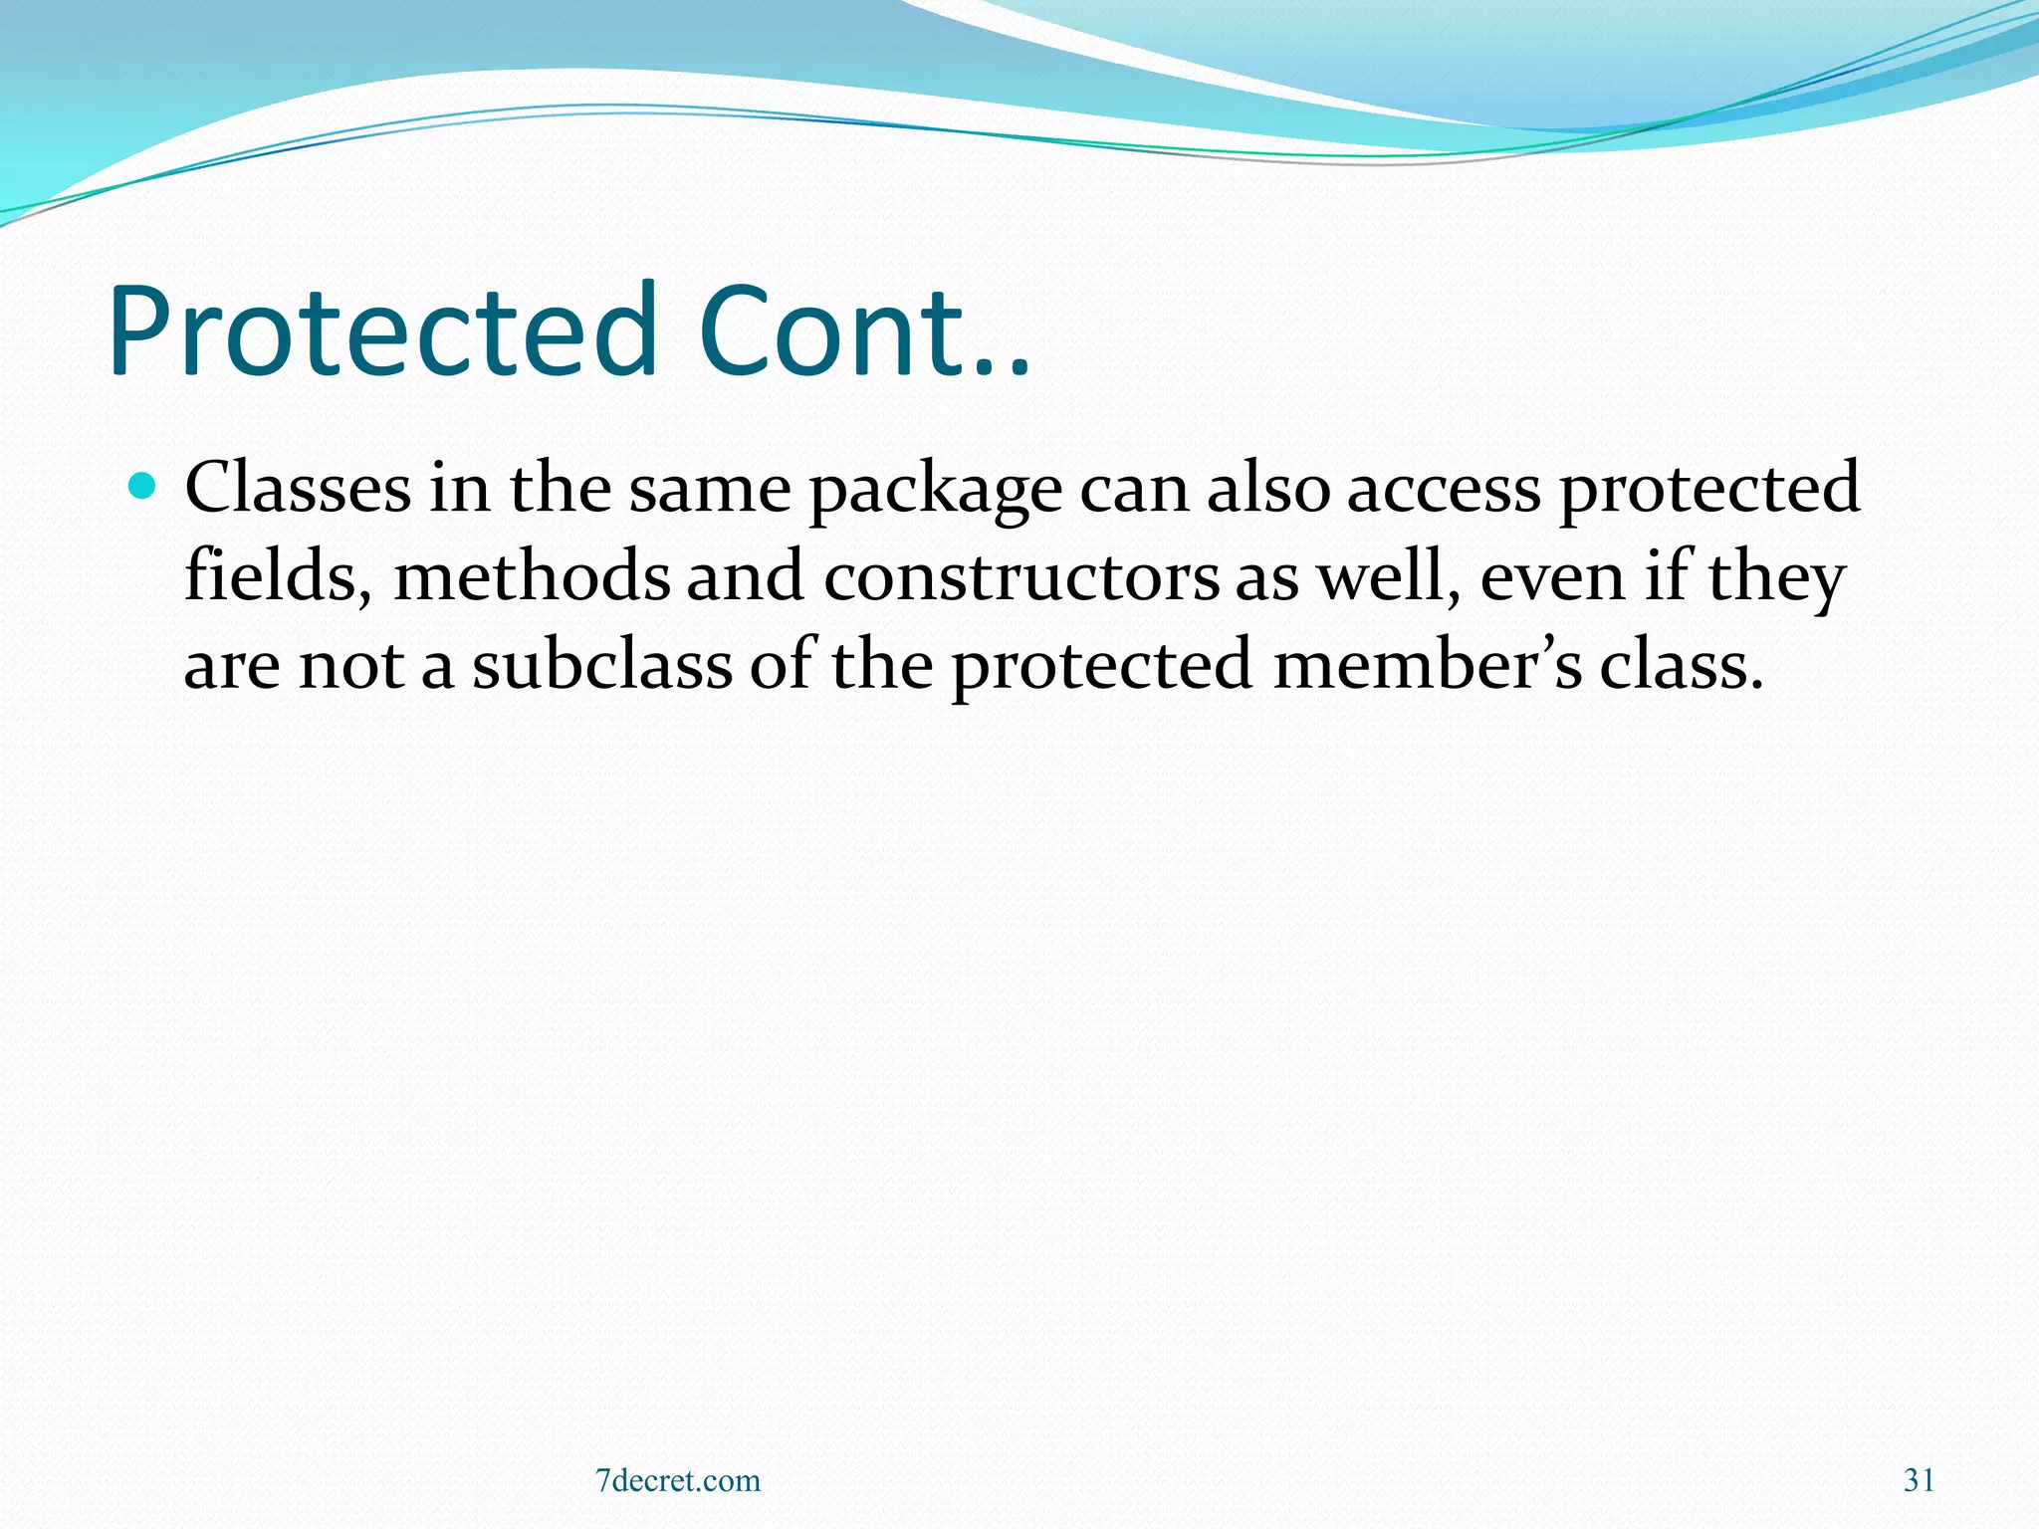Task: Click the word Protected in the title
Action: coord(383,331)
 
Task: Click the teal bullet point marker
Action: coord(143,487)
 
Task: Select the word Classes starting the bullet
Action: coord(298,488)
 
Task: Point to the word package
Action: coord(935,490)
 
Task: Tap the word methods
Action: coord(532,576)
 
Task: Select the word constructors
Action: coord(1020,577)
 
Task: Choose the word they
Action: coord(1777,579)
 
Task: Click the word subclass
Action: coord(601,665)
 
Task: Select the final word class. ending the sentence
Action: coord(1682,665)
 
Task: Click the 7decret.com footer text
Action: coord(678,1480)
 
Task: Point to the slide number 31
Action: coord(1919,1480)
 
